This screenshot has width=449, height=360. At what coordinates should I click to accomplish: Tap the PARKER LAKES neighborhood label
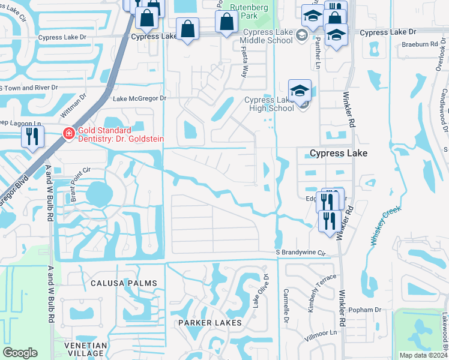209,323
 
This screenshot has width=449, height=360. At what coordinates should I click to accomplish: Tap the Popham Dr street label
365,310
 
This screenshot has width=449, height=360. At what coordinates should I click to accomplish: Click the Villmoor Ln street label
321,332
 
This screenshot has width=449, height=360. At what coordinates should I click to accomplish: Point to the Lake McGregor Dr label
139,98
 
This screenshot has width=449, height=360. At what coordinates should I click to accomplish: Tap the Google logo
20,353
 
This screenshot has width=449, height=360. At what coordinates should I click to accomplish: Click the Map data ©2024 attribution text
423,355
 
